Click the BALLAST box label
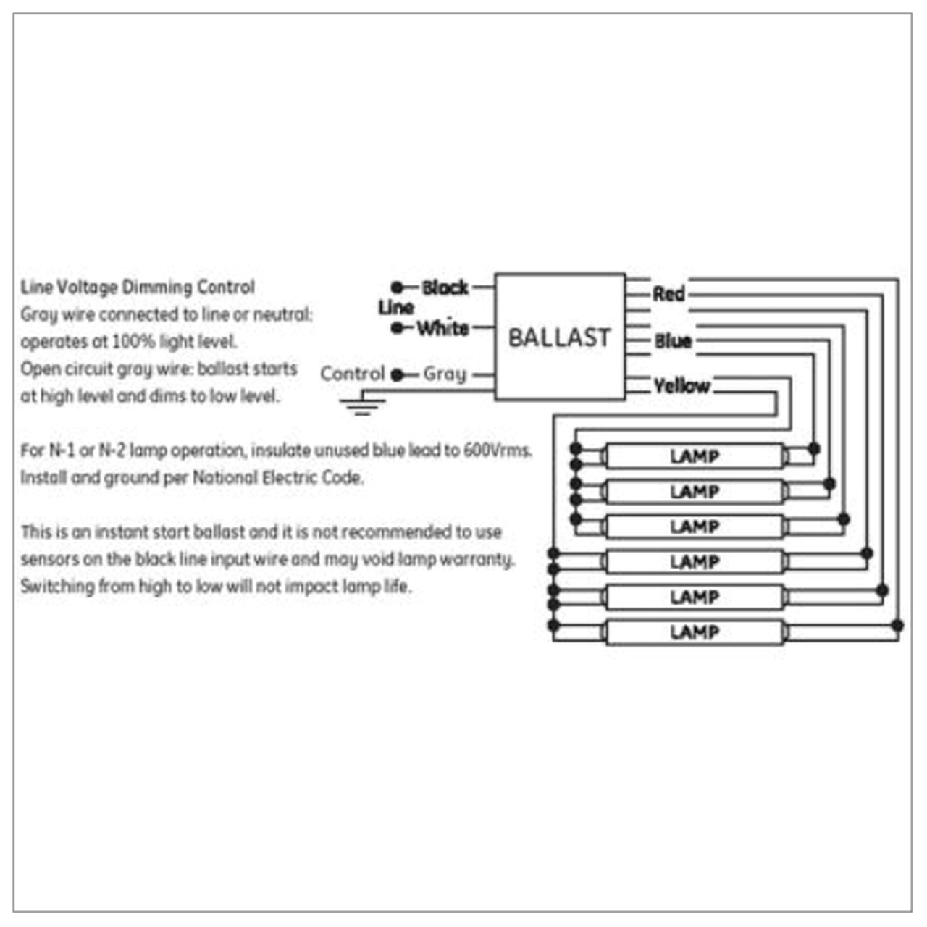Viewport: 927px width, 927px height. coord(559,337)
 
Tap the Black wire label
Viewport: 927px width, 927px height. coord(445,288)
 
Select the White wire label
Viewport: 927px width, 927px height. coord(442,328)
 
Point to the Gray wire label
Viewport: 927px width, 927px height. coord(445,374)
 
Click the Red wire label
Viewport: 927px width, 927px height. coord(668,294)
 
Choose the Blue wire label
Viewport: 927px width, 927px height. coord(673,341)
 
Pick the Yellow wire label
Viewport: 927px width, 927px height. coord(681,385)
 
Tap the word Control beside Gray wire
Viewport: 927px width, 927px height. coord(352,374)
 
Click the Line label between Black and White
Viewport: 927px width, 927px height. coord(395,308)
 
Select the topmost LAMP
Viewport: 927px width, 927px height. coord(694,456)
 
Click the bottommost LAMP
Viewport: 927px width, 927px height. coord(694,632)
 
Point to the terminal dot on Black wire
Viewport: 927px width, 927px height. coord(397,288)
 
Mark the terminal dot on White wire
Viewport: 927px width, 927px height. coord(397,328)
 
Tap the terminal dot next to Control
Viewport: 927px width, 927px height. coord(396,375)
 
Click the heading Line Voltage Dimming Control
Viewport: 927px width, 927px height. coord(138,288)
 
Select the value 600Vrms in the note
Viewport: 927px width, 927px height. coord(497,450)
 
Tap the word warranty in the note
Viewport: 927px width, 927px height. coord(478,560)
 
